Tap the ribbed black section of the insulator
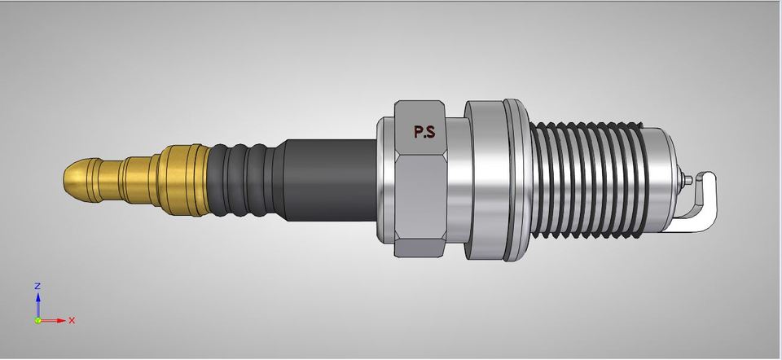pyautogui.click(x=244, y=181)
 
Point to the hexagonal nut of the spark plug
pyautogui.click(x=420, y=183)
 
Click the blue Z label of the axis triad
pyautogui.click(x=37, y=287)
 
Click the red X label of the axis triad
pyautogui.click(x=72, y=320)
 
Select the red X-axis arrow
pyautogui.click(x=54, y=320)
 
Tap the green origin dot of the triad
pyautogui.click(x=37, y=320)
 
